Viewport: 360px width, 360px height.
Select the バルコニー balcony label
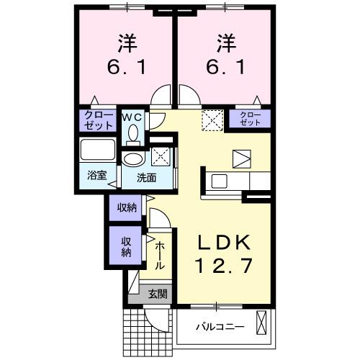220,326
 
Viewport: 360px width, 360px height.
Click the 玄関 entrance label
158,293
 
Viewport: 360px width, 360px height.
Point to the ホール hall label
160,255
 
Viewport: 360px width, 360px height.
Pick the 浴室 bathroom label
96,174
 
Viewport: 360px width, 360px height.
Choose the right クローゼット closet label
250,119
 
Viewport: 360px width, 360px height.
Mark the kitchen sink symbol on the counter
220,181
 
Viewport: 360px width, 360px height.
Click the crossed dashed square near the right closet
212,118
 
